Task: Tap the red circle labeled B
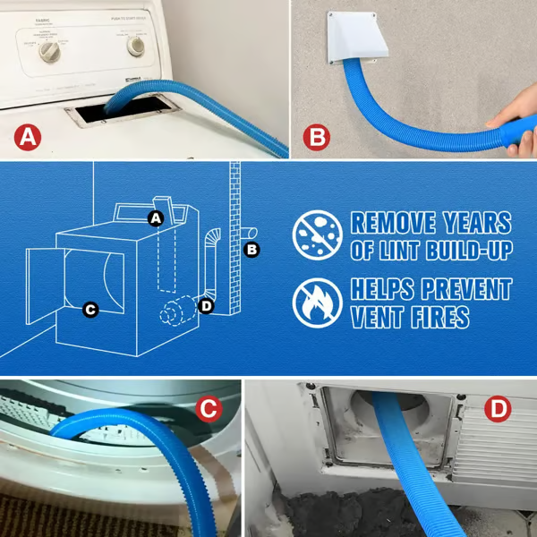tap(316, 139)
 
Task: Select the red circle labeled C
tap(208, 410)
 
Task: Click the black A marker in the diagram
tap(155, 217)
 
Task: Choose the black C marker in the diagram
tap(89, 311)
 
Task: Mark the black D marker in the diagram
tap(207, 306)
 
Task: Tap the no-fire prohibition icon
tap(317, 303)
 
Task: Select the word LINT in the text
tap(403, 251)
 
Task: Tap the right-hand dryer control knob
tap(136, 46)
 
